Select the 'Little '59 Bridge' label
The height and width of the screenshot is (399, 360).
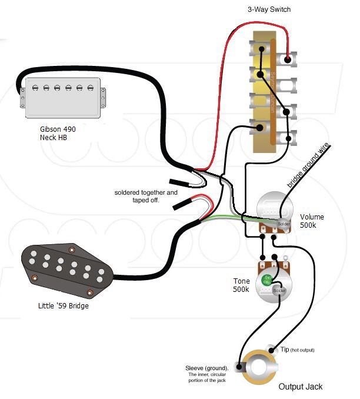click(x=63, y=306)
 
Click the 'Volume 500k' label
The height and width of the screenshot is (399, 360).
click(x=312, y=221)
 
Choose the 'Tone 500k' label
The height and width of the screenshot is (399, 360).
click(x=241, y=285)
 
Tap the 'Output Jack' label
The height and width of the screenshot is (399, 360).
click(x=301, y=387)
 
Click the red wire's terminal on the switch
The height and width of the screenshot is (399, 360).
click(x=288, y=59)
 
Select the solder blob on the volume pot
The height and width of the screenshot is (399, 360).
click(x=284, y=224)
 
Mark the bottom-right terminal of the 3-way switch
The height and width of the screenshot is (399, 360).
click(x=289, y=139)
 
